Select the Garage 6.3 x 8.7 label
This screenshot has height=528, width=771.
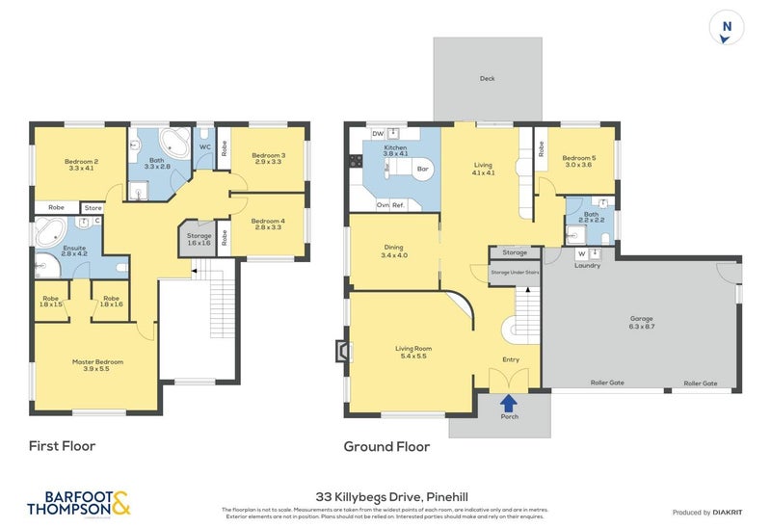[x=636, y=323]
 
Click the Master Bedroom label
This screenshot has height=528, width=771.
[x=97, y=366]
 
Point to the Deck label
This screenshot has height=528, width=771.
[x=487, y=79]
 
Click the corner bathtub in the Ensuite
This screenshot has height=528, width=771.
[x=49, y=233]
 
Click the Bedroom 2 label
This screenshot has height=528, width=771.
[x=82, y=165]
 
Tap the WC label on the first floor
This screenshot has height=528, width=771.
[x=205, y=146]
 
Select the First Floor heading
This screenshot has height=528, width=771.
[x=63, y=446]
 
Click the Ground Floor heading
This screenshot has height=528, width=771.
[x=386, y=446]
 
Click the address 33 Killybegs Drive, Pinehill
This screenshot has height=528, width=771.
[x=385, y=488]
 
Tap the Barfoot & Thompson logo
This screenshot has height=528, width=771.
[x=78, y=503]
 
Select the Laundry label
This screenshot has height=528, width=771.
[x=587, y=265]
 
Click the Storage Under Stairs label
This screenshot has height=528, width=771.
[x=514, y=273]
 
